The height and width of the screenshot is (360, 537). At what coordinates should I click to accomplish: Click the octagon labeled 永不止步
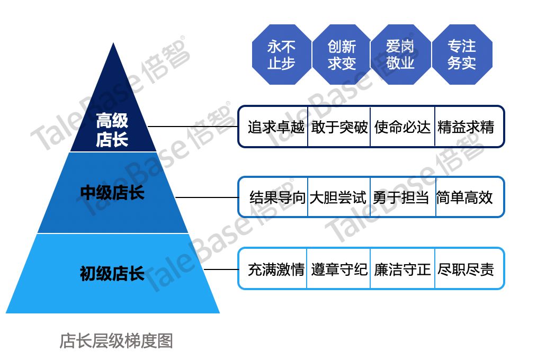point(281,55)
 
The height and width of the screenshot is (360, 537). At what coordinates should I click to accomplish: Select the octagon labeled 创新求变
point(342,55)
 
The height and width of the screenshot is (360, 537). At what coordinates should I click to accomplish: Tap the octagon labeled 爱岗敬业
point(400,55)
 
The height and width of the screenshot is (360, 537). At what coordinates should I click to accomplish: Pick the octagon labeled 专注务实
point(462,55)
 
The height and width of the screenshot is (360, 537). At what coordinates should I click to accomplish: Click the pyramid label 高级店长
point(112,130)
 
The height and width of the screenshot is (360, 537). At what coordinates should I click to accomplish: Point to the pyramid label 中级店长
point(112,192)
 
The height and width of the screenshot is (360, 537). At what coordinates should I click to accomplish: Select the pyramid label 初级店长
point(112,274)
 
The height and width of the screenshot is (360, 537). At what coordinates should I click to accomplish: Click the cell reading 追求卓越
point(276,127)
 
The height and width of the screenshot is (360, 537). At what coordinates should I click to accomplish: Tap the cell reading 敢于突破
point(339,127)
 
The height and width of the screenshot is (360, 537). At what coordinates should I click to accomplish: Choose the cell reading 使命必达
point(402,127)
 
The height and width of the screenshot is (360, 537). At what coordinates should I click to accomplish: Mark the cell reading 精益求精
point(466,127)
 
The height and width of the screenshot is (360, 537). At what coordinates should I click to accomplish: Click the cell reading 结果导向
point(278,198)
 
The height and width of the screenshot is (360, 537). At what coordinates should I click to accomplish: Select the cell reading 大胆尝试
point(338,198)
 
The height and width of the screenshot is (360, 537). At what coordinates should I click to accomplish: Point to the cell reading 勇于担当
point(401,198)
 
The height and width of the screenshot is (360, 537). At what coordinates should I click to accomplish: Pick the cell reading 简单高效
point(464,198)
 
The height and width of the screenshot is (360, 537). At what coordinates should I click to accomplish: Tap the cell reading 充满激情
point(276,269)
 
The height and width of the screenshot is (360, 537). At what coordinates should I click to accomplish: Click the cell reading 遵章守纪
point(339,269)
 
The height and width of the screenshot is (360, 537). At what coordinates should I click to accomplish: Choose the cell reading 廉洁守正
point(402,269)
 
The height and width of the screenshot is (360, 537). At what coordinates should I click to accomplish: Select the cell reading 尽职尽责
point(466,269)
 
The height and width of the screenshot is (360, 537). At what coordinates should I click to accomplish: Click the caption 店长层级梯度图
point(116,341)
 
